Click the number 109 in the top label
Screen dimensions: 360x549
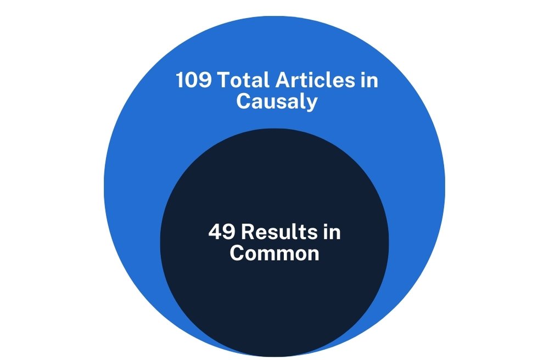point(194,81)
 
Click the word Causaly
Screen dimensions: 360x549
point(277,102)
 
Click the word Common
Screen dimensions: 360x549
point(274,254)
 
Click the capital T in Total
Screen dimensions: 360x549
point(224,81)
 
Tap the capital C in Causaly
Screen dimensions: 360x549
point(244,102)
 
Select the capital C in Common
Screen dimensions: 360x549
point(237,254)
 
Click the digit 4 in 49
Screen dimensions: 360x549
point(215,232)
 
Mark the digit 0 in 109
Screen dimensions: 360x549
point(194,81)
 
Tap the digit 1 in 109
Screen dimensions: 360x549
point(181,81)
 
